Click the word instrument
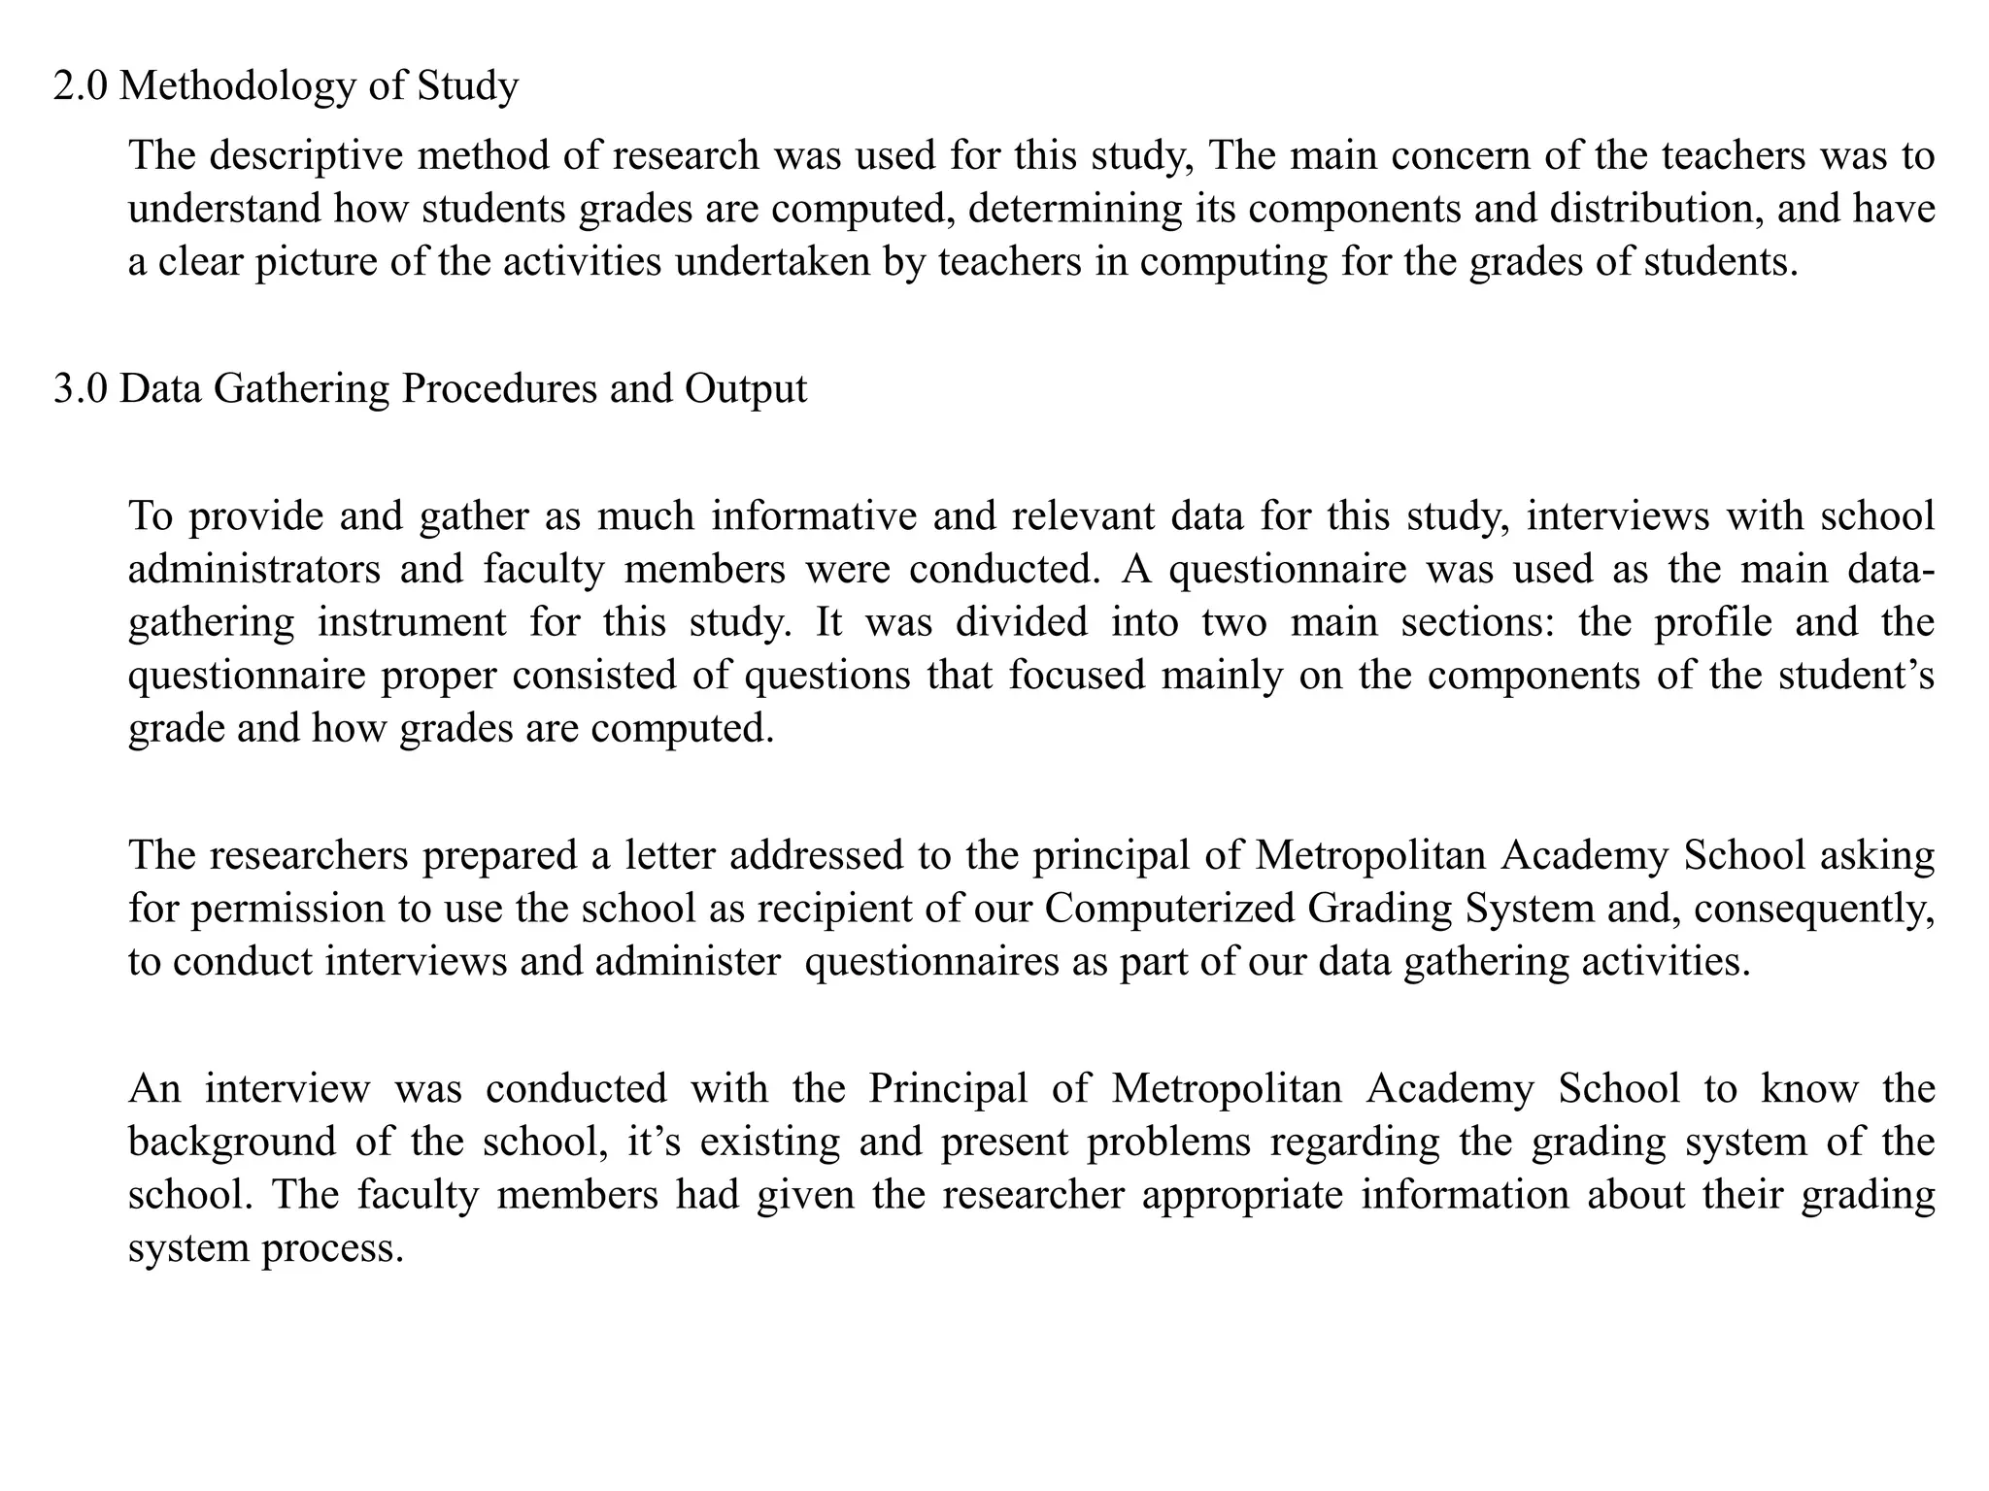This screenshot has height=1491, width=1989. click(412, 622)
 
